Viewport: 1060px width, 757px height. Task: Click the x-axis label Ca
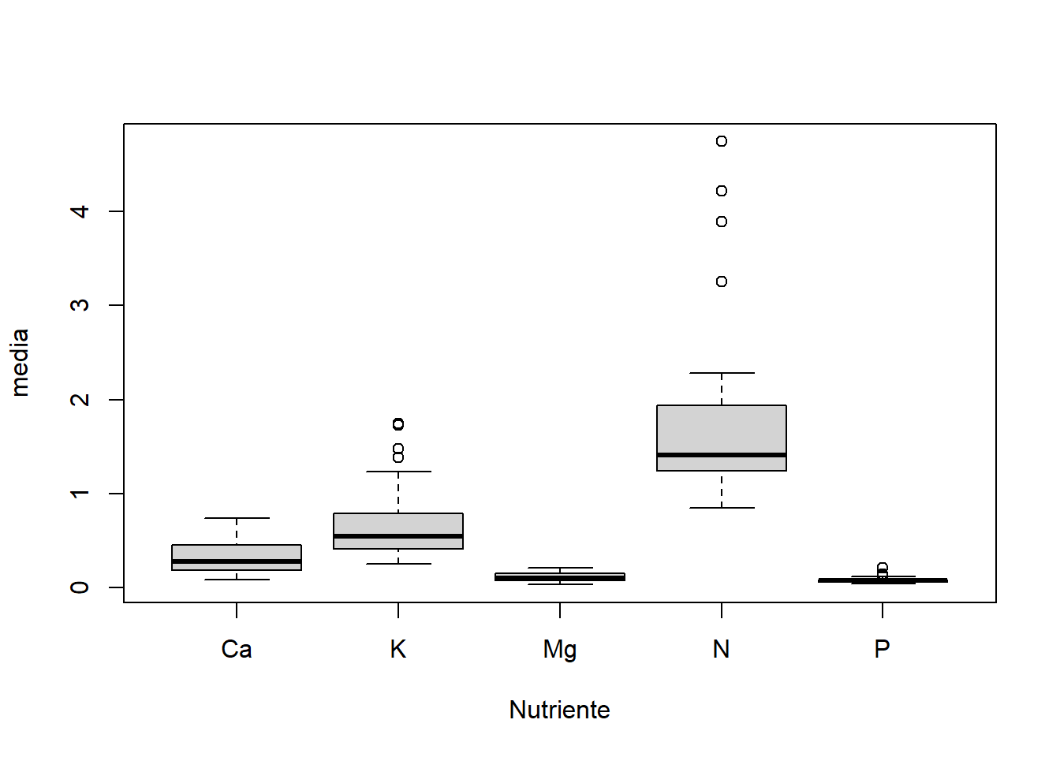coord(237,649)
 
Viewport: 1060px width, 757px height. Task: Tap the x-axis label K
coord(398,649)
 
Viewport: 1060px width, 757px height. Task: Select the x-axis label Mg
coord(560,649)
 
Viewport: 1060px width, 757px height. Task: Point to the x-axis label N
coord(721,649)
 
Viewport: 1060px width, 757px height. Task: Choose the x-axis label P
coord(883,649)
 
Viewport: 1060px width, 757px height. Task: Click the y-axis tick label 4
coord(80,211)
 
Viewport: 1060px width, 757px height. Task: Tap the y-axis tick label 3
coord(80,305)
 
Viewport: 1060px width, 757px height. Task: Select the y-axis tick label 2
coord(80,400)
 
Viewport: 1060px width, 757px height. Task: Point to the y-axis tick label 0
coord(80,587)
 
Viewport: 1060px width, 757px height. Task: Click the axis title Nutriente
coord(559,710)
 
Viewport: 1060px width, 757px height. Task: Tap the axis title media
coord(20,363)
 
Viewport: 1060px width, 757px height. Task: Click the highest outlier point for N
coord(722,141)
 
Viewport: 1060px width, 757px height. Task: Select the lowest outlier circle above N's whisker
coord(722,282)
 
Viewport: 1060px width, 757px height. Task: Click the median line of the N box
coord(722,455)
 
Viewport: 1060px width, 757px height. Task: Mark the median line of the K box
coord(398,536)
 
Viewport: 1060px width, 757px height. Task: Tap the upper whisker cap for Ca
coord(237,518)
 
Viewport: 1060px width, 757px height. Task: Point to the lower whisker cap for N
coord(722,508)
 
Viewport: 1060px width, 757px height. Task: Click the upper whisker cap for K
coord(398,472)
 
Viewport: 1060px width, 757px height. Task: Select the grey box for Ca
coord(237,552)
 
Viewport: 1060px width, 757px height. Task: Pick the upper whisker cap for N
coord(722,373)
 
